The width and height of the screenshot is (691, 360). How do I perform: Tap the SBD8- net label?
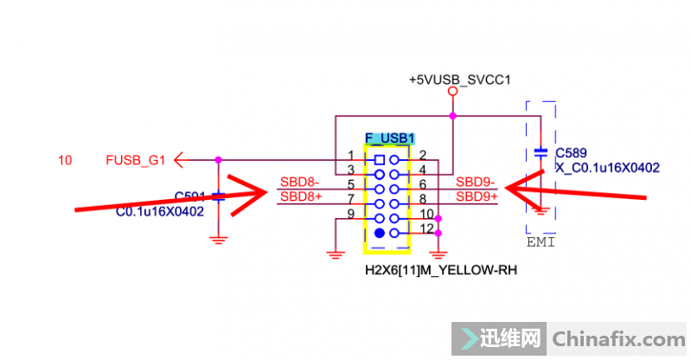(299, 183)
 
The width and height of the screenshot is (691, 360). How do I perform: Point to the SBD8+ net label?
(300, 196)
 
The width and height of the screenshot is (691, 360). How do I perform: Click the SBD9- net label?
(475, 183)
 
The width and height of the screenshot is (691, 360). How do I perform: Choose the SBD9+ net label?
(477, 196)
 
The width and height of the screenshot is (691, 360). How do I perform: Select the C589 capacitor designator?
(572, 152)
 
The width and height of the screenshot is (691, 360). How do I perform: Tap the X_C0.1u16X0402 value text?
(607, 167)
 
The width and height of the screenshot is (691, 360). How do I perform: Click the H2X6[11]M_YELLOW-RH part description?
(441, 270)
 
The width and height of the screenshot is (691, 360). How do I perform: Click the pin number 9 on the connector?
(351, 213)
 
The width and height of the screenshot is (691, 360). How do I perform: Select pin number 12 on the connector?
(425, 228)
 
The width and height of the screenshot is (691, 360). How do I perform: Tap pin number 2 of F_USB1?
(422, 155)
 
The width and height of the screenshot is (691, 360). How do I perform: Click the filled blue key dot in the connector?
(381, 233)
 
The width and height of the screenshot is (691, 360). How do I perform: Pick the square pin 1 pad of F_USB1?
(381, 160)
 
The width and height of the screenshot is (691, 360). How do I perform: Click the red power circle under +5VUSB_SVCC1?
(452, 91)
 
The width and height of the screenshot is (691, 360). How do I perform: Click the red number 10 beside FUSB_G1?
(65, 159)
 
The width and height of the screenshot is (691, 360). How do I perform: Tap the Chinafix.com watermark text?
(617, 336)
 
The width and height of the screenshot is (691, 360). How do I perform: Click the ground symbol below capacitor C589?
(541, 208)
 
